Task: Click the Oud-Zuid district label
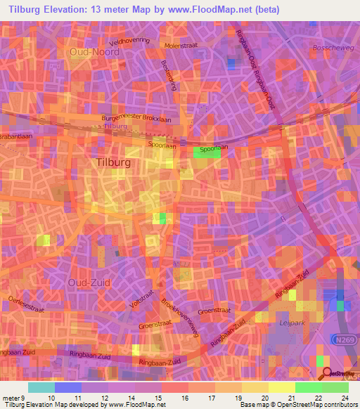pos(87,282)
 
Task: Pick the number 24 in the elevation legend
pos(345,397)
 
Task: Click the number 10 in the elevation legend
pos(51,397)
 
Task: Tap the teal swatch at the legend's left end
pos(41,387)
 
